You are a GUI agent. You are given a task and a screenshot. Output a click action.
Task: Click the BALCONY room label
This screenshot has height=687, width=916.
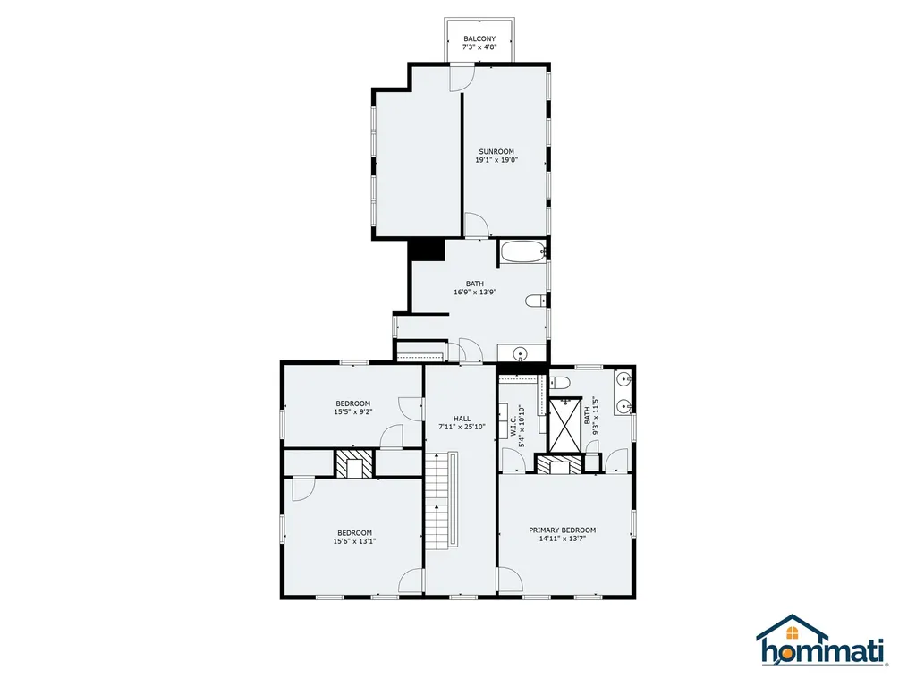pyautogui.click(x=479, y=39)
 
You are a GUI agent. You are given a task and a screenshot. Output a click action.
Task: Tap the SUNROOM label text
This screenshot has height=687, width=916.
pyautogui.click(x=496, y=152)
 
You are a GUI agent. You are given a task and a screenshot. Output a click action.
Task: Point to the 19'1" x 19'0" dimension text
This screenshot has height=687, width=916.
pyautogui.click(x=496, y=160)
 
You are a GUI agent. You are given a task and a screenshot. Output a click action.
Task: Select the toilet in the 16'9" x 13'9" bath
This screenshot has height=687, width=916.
pyautogui.click(x=536, y=301)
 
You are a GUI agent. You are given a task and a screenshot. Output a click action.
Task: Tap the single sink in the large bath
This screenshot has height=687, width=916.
pyautogui.click(x=520, y=353)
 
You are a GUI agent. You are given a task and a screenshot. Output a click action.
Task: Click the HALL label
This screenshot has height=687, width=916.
pyautogui.click(x=462, y=419)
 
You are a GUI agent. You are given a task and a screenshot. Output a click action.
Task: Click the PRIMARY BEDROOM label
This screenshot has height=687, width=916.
pyautogui.click(x=563, y=530)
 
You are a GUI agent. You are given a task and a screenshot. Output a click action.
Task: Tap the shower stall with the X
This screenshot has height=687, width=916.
pyautogui.click(x=565, y=425)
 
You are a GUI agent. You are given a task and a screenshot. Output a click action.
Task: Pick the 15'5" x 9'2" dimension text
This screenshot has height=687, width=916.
pyautogui.click(x=353, y=411)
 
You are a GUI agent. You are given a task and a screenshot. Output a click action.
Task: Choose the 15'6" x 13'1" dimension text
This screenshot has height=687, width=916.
pyautogui.click(x=354, y=541)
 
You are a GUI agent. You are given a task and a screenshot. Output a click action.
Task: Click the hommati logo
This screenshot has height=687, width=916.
pyautogui.click(x=822, y=640)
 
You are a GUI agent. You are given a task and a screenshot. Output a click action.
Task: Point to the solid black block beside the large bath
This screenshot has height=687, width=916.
pyautogui.click(x=427, y=250)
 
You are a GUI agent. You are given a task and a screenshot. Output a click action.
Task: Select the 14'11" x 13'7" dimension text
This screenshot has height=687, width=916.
pyautogui.click(x=563, y=539)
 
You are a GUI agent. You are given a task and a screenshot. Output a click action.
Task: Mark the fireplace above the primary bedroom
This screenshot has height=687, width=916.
pyautogui.click(x=560, y=464)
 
